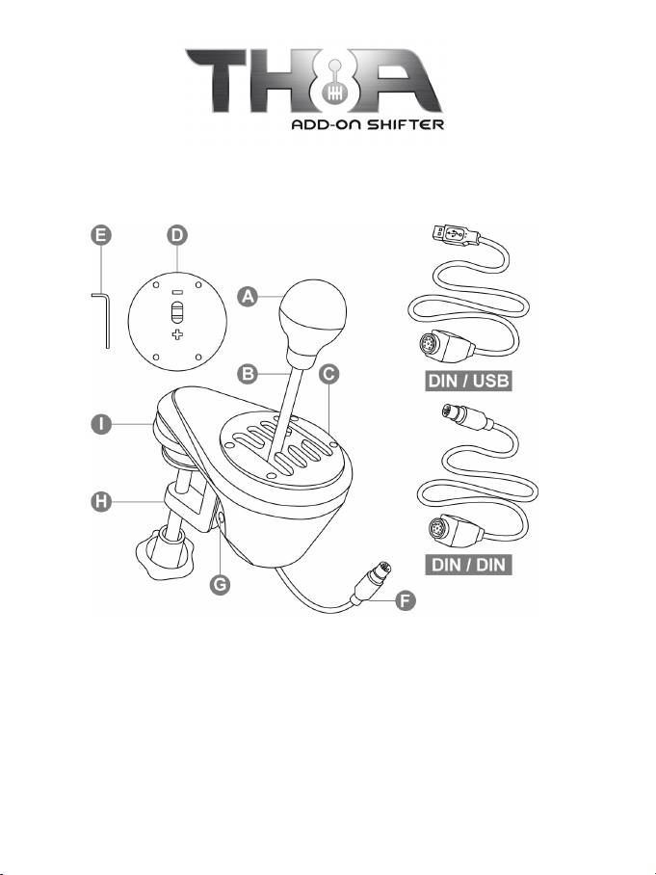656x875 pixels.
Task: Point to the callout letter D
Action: (176, 234)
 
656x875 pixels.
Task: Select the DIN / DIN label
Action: (469, 563)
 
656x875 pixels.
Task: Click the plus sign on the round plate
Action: (176, 334)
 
